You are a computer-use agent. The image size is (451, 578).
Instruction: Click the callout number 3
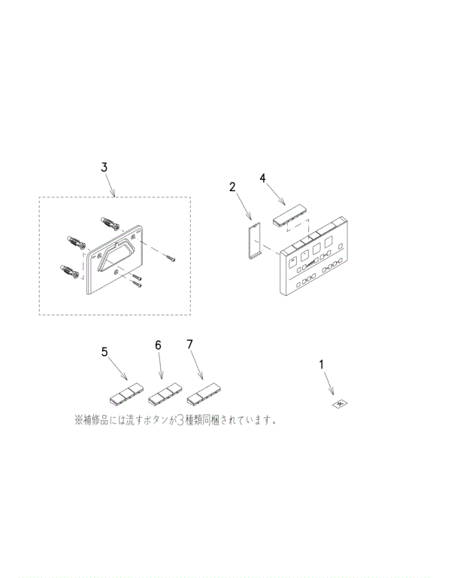[104, 167]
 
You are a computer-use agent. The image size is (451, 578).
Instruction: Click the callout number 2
[232, 187]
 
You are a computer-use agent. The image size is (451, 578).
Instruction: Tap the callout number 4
[262, 178]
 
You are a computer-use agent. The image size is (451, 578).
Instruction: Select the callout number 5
[104, 352]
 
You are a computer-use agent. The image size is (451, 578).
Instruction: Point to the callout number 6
[158, 345]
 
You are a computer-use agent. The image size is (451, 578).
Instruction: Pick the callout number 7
[189, 344]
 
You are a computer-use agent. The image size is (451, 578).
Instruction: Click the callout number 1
[322, 364]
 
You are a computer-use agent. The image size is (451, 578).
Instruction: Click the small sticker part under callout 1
[340, 404]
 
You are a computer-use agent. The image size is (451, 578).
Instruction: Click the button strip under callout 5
[126, 394]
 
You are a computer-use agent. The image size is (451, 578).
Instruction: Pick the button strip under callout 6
[165, 394]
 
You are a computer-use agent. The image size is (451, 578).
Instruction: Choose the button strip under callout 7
[204, 394]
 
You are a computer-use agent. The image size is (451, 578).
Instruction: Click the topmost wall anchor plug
[110, 222]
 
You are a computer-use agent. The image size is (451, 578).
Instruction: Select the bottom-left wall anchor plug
[69, 271]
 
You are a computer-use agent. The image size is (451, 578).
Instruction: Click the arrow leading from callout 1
[328, 383]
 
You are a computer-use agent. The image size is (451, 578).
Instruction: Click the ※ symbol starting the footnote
[78, 420]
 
